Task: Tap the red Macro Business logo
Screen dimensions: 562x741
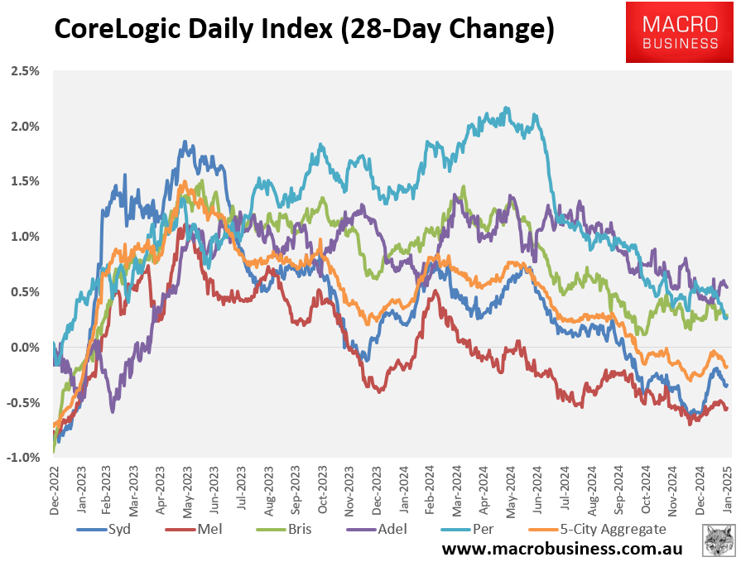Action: [x=681, y=32]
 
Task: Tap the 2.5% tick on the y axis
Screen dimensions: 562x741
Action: [x=25, y=71]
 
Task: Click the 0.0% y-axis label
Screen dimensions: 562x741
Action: [x=25, y=348]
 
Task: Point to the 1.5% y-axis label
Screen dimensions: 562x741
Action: [x=25, y=181]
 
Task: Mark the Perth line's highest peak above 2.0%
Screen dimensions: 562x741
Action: [x=507, y=108]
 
